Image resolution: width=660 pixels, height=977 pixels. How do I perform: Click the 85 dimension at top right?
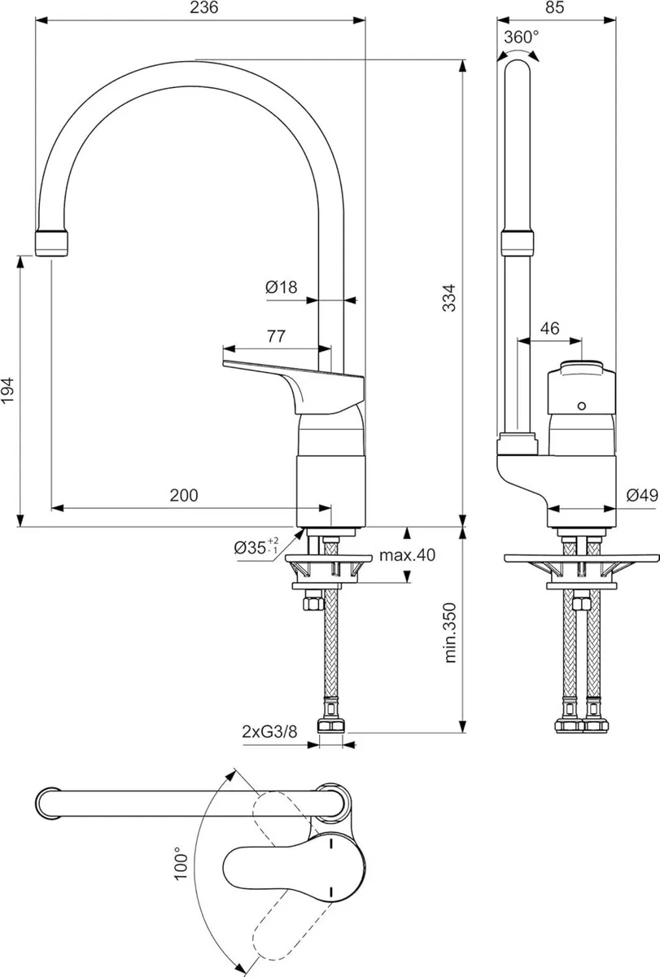[x=555, y=9]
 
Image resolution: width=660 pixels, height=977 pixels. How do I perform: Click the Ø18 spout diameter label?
[x=281, y=287]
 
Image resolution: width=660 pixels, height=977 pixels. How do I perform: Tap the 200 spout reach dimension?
[x=184, y=494]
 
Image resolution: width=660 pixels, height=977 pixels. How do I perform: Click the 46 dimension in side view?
[x=549, y=328]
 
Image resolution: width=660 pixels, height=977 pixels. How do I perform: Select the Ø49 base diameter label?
[x=641, y=494]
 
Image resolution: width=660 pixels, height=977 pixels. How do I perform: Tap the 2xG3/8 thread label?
[x=269, y=731]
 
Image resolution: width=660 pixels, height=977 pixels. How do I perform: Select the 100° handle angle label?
[x=181, y=863]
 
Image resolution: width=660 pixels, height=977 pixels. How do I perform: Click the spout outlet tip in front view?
[x=54, y=243]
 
